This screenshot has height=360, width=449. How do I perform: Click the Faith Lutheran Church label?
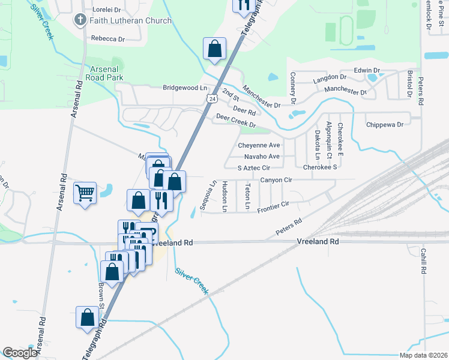[x=130, y=20]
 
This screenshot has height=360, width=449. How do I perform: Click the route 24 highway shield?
[x=212, y=97]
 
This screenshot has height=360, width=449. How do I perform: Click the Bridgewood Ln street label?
[x=184, y=88]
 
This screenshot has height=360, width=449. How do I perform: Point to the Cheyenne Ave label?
[x=259, y=145]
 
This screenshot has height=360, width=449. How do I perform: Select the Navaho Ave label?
[x=262, y=156]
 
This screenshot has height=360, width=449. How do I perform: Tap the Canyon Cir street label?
[x=276, y=179]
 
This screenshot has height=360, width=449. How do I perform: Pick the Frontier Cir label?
[x=273, y=207]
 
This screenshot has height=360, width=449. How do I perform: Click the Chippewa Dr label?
[x=384, y=125]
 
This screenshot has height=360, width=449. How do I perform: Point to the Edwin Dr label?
[x=367, y=70]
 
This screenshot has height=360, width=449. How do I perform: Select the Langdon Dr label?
[x=330, y=78]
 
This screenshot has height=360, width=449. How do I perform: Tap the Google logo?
[x=20, y=353]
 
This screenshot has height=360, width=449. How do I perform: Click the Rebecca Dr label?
[x=107, y=38]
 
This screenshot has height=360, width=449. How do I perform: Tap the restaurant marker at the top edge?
[x=243, y=5]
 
